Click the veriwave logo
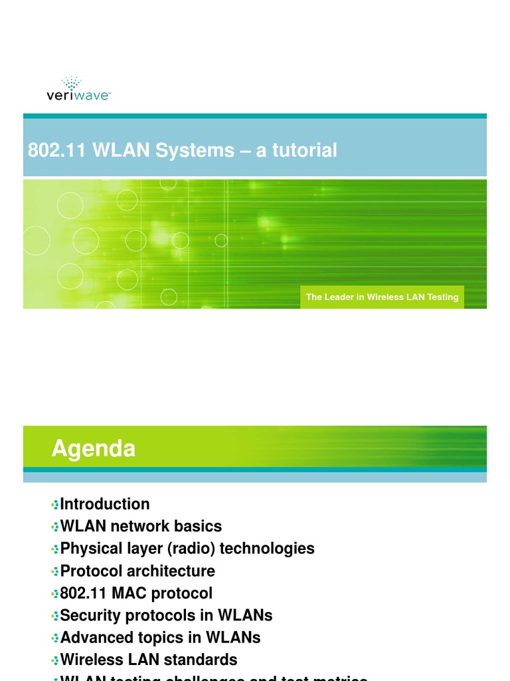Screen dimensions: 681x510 pos(78,89)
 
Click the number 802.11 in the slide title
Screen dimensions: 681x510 pos(48,150)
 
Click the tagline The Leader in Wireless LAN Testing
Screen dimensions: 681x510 pos(382,297)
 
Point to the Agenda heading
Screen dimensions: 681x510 pos(94,449)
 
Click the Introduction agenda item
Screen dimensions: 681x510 pos(105,504)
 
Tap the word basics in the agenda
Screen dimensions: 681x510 pos(198,526)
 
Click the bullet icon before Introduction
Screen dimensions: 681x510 pos(55,505)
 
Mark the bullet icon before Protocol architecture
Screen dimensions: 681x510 pos(55,571)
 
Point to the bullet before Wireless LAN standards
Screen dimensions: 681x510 pos(55,660)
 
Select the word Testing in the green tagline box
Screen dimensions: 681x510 pos(442,297)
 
